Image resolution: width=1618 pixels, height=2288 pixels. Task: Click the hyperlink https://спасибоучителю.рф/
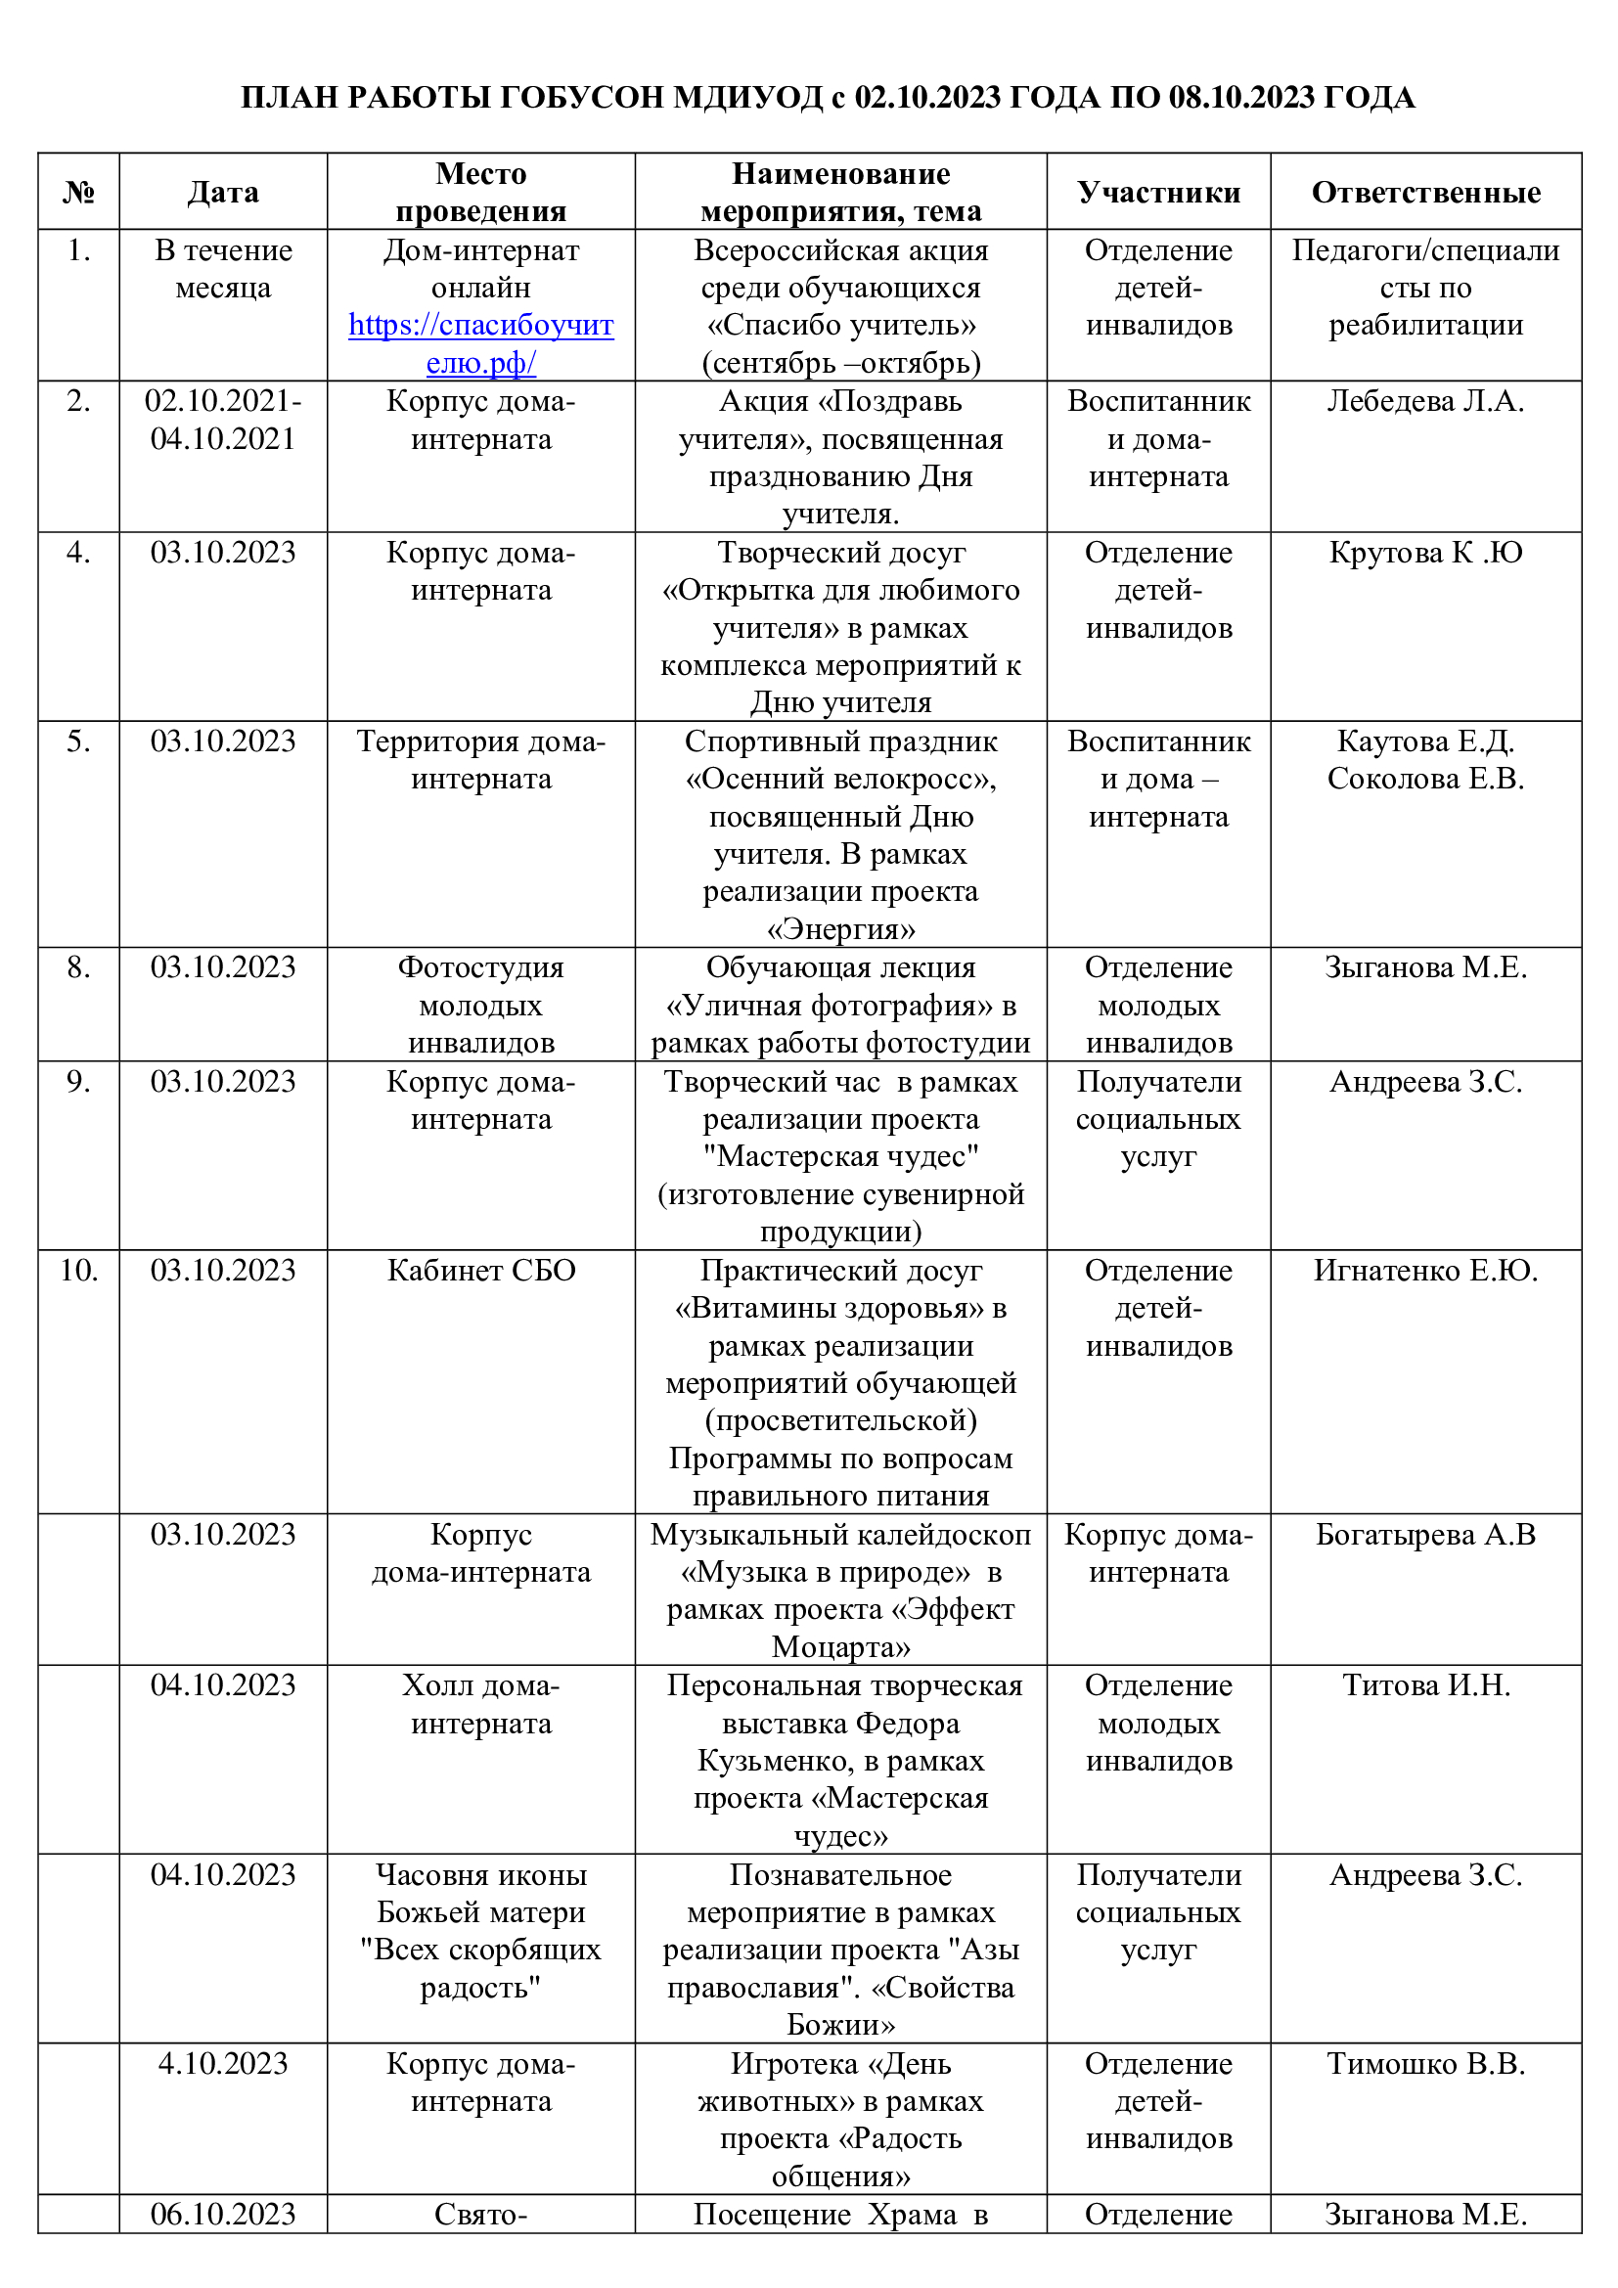[x=480, y=343]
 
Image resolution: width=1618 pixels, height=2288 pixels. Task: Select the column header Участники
[x=1157, y=193]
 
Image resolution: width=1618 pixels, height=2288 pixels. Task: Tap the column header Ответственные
[x=1424, y=193]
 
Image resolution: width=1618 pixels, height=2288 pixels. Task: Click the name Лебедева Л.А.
[x=1424, y=402]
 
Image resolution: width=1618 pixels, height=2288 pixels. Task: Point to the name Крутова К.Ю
[x=1424, y=553]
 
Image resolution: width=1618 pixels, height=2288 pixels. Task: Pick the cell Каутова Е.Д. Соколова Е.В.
[x=1424, y=760]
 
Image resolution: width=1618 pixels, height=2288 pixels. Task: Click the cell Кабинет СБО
[x=480, y=1271]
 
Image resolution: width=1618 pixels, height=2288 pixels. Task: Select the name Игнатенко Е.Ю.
[x=1424, y=1271]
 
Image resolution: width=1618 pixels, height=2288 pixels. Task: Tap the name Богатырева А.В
[x=1424, y=1535]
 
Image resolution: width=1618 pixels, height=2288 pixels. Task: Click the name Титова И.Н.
[x=1424, y=1685]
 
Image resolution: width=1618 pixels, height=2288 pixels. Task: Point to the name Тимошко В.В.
[x=1424, y=2063]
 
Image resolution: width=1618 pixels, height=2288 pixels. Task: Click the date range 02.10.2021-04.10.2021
[x=223, y=420]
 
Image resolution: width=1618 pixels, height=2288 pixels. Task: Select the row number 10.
[x=78, y=1271]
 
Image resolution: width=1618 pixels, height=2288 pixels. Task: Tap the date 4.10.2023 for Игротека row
[x=223, y=2063]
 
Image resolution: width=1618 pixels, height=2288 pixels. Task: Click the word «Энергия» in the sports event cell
[x=840, y=928]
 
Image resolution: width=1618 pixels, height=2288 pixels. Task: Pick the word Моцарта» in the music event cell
[x=840, y=1647]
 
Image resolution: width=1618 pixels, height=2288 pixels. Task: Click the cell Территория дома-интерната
[x=480, y=760]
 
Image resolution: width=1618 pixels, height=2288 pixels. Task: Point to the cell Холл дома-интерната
[x=480, y=1704]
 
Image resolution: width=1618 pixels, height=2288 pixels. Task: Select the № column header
[x=78, y=193]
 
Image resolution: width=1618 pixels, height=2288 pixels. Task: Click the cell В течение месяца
[x=223, y=269]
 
